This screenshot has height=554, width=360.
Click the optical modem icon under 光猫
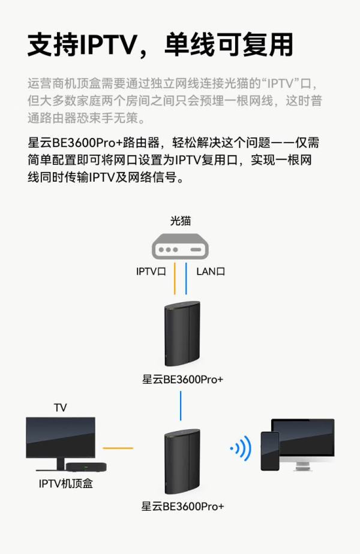pyautogui.click(x=180, y=246)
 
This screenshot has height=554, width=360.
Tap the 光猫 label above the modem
pyautogui.click(x=181, y=221)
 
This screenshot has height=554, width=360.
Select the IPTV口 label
pyautogui.click(x=151, y=272)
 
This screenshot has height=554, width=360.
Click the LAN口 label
pyautogui.click(x=211, y=272)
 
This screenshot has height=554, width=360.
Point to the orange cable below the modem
pyautogui.click(x=175, y=278)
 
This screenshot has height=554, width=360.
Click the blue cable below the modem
pyautogui.click(x=186, y=278)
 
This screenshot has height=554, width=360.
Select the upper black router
pyautogui.click(x=182, y=333)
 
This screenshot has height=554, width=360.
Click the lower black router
pyautogui.click(x=182, y=461)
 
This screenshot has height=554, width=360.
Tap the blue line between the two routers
pyautogui.click(x=181, y=405)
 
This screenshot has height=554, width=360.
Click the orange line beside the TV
pyautogui.click(x=118, y=448)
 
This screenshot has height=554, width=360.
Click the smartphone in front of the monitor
pyautogui.click(x=270, y=451)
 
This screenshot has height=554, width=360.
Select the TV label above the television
pyautogui.click(x=61, y=408)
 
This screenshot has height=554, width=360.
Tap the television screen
pyautogui.click(x=61, y=438)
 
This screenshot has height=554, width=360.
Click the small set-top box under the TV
pyautogui.click(x=86, y=466)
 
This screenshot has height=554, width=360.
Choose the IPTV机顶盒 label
pyautogui.click(x=66, y=483)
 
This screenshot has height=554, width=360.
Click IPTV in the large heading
pyautogui.click(x=108, y=45)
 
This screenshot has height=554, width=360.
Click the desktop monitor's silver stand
pyautogui.click(x=303, y=463)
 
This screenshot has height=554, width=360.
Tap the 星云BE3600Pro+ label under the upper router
pyautogui.click(x=182, y=380)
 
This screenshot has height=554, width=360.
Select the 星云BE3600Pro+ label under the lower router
pyautogui.click(x=182, y=506)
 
